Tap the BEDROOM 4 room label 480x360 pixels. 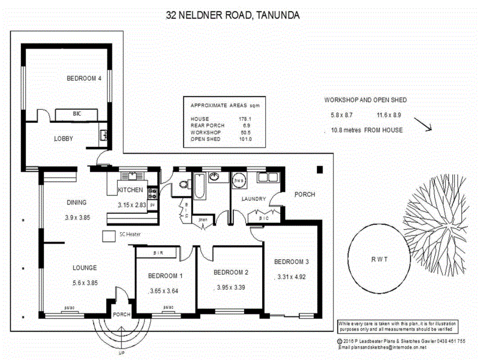[83, 78]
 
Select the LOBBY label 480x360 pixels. [64, 139]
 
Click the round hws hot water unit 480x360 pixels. [238, 180]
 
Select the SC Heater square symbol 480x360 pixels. [109, 235]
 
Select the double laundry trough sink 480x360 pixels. [264, 178]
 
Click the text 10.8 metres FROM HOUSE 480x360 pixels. [367, 130]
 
